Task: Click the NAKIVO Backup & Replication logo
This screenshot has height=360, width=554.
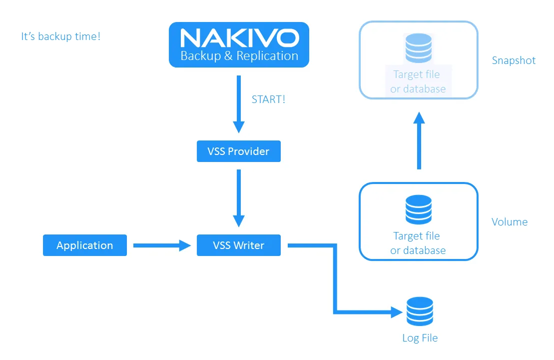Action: point(239,45)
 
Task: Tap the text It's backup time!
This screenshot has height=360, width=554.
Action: point(60,36)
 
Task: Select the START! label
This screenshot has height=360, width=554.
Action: point(268,99)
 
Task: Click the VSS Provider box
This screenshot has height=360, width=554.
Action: point(239,151)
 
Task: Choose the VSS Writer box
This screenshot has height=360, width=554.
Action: point(239,245)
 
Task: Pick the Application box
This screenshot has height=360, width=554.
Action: point(85,245)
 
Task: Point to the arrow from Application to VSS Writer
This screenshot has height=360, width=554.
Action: point(162,245)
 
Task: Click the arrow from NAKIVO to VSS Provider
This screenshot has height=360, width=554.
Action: point(239,103)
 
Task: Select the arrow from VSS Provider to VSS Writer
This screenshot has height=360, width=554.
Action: point(239,197)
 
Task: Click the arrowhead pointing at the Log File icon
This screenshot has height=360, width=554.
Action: point(397,313)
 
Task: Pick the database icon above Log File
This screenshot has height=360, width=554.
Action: point(420,311)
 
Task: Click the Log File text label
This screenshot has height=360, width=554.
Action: point(420,338)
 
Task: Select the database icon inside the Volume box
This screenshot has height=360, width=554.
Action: point(419,209)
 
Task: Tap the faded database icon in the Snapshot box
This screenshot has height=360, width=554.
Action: point(419,48)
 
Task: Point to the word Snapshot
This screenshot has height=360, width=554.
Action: point(513,60)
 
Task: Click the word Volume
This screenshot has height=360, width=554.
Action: point(510,222)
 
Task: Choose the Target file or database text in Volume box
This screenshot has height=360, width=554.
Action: point(418,243)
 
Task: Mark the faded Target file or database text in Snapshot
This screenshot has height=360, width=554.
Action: point(418,82)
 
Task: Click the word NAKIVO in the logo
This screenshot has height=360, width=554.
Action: point(239,37)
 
